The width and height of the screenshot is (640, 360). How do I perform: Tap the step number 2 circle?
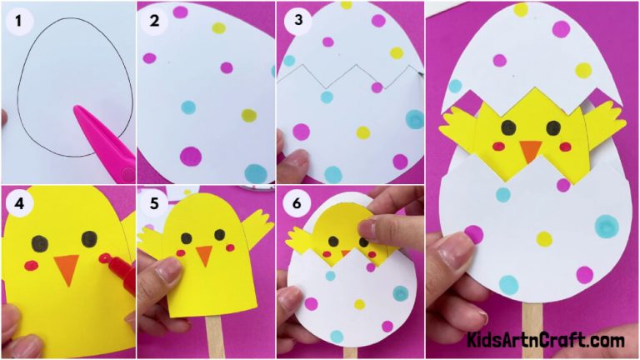point(154,19)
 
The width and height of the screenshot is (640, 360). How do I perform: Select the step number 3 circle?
point(293,19)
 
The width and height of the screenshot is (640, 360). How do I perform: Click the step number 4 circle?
point(17,202)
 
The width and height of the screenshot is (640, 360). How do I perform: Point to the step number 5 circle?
point(154,202)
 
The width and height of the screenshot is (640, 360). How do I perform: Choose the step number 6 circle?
point(293,202)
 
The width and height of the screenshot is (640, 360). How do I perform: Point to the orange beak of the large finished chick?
point(530,152)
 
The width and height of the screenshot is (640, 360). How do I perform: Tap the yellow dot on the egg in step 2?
point(220,27)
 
